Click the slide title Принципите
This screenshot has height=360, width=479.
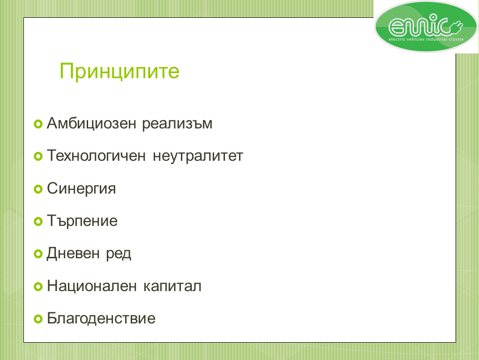pos(120,72)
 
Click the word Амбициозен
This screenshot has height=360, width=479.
pos(91,123)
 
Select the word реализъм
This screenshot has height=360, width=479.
pos(177,124)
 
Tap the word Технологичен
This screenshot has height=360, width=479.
pos(96,156)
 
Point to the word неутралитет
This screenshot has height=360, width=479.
pos(198,156)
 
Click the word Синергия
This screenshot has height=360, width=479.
pos(81,188)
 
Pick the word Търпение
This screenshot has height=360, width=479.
pos(82,221)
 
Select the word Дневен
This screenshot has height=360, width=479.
pos(73,254)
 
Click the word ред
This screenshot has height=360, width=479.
pos(119,254)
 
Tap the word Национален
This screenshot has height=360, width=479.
pos(92,286)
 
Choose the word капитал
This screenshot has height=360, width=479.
pos(172,286)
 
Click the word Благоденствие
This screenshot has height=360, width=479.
pos(101,318)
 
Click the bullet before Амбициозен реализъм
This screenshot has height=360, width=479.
pos(38,124)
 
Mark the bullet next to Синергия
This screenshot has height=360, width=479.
pos(38,189)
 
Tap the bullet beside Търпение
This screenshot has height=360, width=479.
pos(38,222)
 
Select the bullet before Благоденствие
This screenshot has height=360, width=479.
pos(38,319)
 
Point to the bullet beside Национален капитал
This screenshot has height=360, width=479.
pos(38,287)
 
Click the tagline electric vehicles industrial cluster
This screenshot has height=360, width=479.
pos(426,39)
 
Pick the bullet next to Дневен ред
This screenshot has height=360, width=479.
pos(38,254)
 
